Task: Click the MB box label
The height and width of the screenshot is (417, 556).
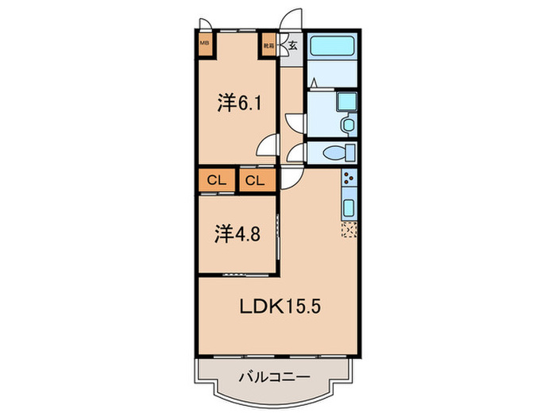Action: [205, 44]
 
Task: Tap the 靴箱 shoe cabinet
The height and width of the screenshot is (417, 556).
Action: [270, 45]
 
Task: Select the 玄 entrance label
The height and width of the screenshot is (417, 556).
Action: [292, 45]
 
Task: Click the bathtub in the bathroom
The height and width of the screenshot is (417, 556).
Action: [333, 46]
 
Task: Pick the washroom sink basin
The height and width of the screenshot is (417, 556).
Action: [347, 125]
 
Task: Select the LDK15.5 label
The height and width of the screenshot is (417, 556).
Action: [274, 306]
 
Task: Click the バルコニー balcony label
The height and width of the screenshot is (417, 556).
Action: [272, 379]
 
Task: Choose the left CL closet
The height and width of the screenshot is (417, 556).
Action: [217, 180]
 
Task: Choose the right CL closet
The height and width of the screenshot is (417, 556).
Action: [254, 180]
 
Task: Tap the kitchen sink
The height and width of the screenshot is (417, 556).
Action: [348, 207]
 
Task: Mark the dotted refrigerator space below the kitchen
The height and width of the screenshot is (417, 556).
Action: [349, 231]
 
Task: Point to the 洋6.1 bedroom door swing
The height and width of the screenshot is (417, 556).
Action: [268, 147]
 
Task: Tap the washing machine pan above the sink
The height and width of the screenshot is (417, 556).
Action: [347, 102]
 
